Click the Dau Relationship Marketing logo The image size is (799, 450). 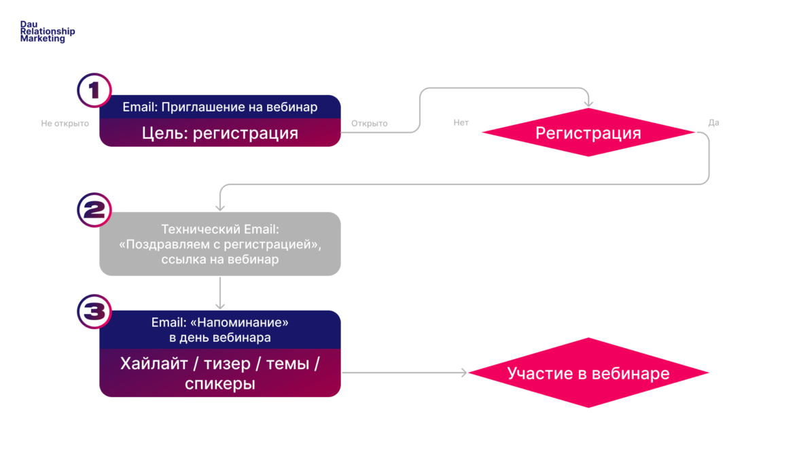point(47,31)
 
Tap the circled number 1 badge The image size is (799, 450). point(94,90)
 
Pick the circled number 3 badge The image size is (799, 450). point(94,311)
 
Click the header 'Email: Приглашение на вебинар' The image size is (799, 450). point(219,107)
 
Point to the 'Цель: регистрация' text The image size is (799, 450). point(219,133)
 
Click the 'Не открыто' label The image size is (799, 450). point(65,124)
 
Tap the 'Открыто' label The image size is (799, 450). point(369,124)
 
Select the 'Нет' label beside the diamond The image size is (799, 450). point(461,123)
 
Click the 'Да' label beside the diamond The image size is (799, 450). point(713,123)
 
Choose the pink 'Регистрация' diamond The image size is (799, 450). point(588,133)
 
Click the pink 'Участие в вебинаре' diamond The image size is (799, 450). point(588,373)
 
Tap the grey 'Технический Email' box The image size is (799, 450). point(219,244)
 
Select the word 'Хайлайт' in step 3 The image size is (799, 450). point(150,364)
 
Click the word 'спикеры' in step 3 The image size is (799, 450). point(219,384)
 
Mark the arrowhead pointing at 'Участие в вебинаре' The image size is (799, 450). point(464,373)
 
